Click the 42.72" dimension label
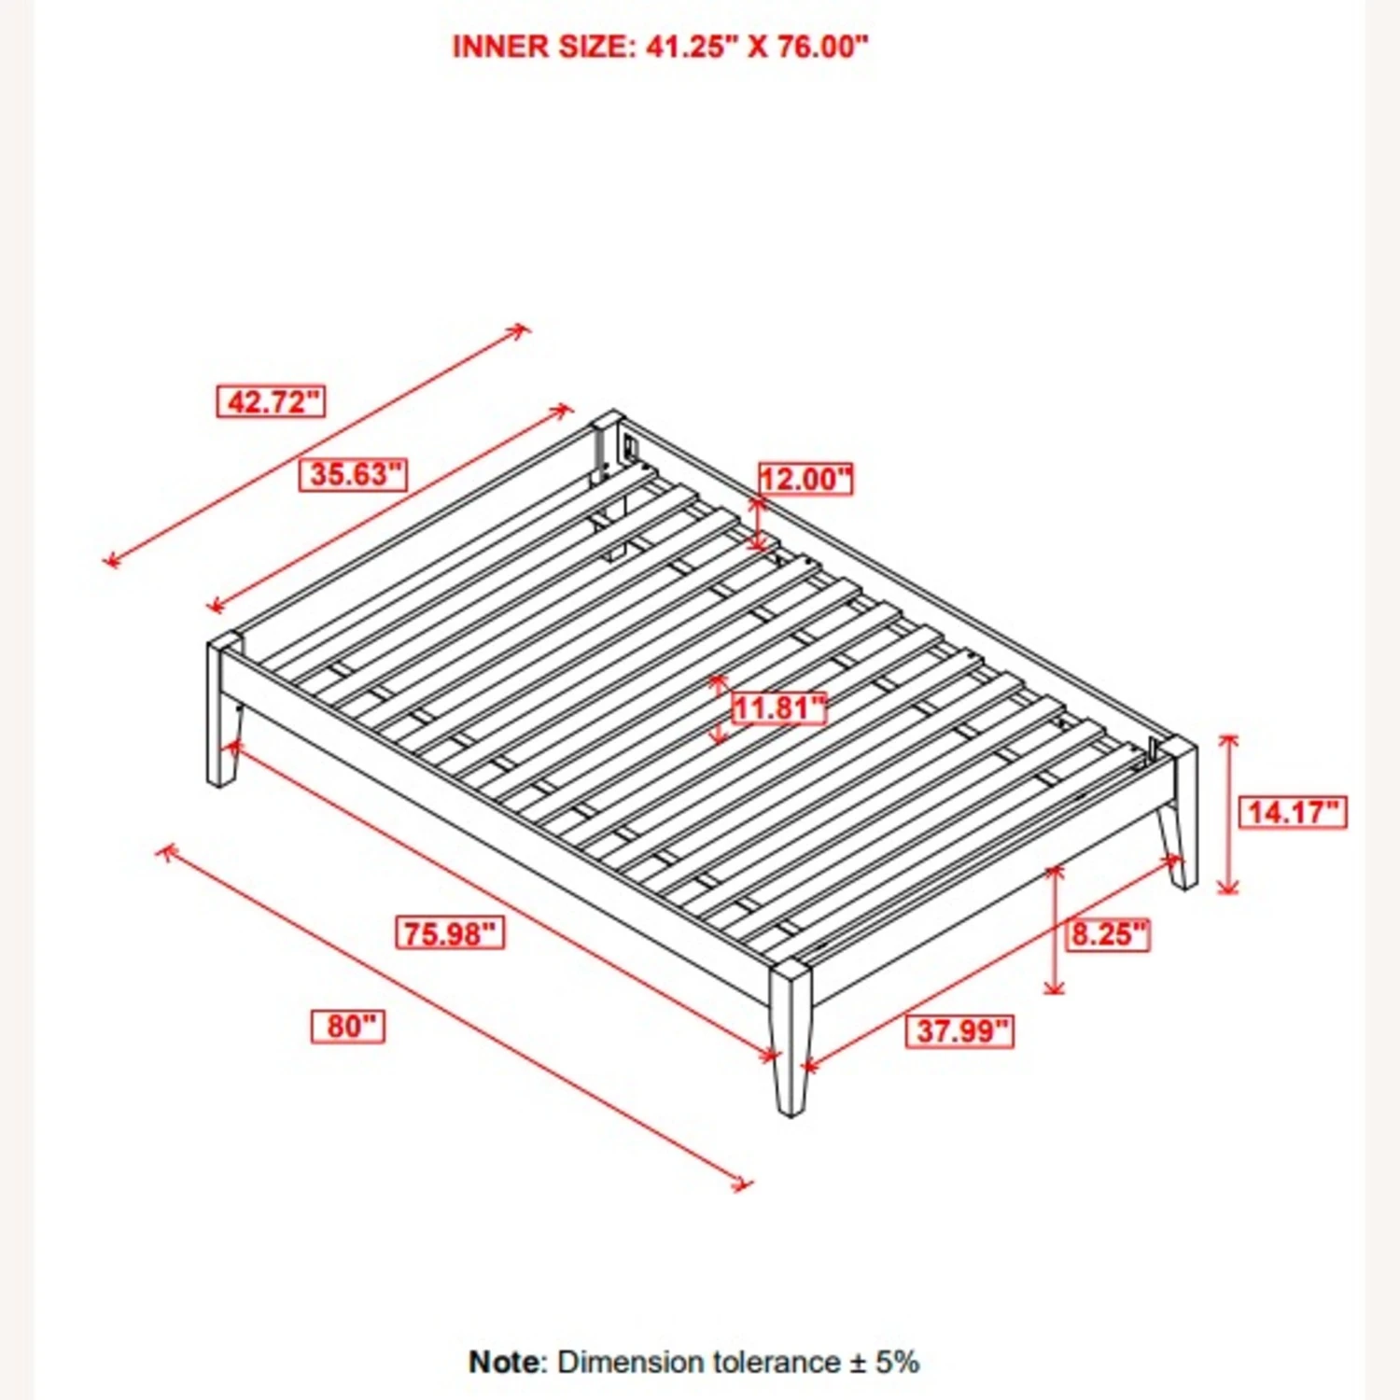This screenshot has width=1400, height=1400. [271, 402]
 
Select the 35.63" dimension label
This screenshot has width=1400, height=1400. [353, 474]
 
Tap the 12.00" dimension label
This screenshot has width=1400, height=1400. [805, 479]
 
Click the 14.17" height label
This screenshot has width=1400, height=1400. [1292, 812]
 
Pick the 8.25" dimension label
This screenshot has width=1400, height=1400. [1108, 933]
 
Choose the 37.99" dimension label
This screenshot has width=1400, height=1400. [959, 1031]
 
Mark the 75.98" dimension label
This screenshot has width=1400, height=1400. [451, 932]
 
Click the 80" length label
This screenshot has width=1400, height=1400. [347, 1027]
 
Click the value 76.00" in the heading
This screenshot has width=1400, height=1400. [822, 47]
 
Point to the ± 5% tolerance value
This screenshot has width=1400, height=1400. [885, 1362]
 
